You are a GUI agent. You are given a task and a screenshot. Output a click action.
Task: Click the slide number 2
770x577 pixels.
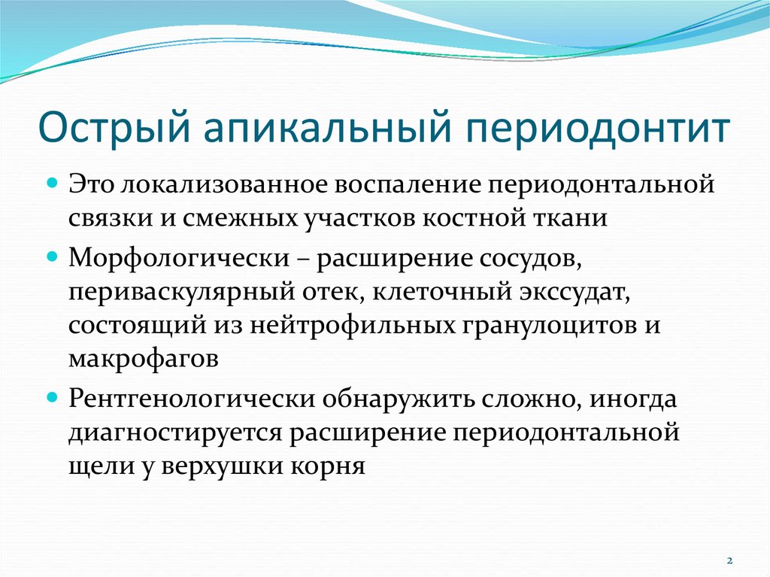[729, 560]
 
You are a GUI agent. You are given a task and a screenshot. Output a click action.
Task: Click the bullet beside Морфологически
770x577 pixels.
[53, 257]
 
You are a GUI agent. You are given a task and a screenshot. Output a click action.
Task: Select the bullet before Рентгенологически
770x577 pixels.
[53, 397]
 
